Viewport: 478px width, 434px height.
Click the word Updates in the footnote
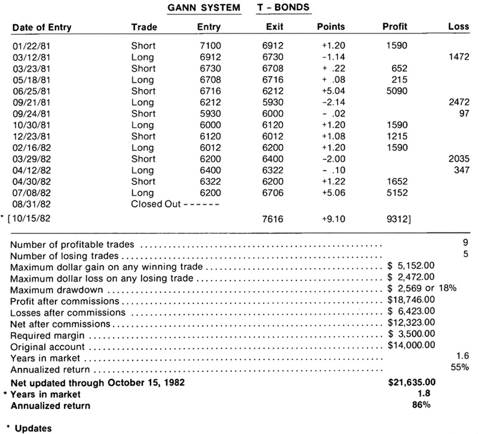tap(33, 428)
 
